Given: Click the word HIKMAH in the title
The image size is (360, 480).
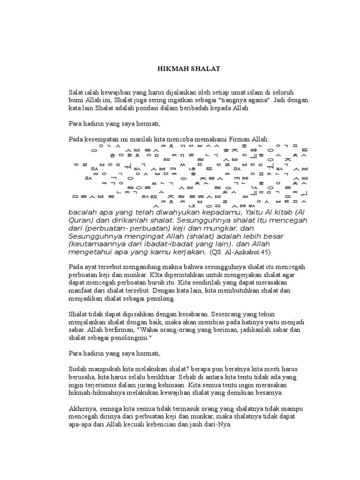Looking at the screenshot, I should pos(171,69).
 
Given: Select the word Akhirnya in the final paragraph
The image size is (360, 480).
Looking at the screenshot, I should pos(82,409).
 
